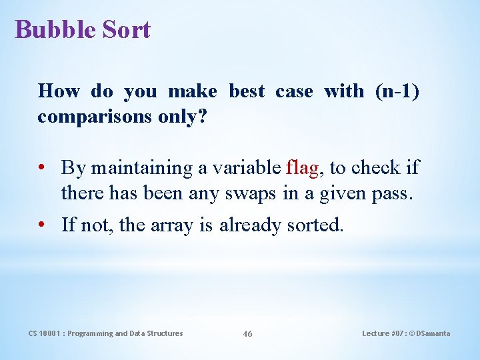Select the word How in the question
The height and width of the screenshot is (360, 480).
[59, 91]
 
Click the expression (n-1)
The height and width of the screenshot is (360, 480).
[397, 91]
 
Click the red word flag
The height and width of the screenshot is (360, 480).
[302, 167]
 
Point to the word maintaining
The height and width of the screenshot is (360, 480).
[142, 167]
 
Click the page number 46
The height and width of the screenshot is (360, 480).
[247, 334]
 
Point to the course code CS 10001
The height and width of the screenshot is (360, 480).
[46, 333]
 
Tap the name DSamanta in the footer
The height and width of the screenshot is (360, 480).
[433, 333]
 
